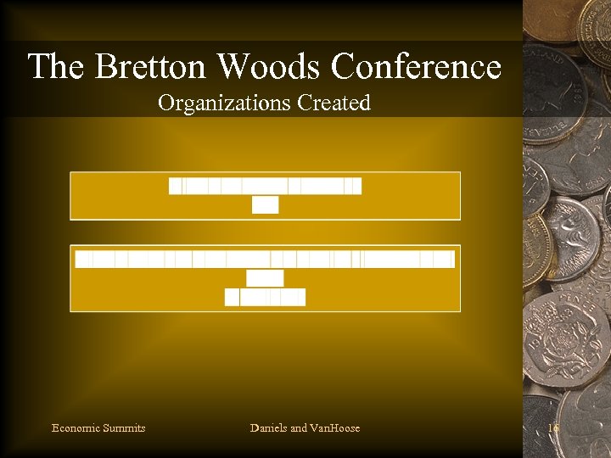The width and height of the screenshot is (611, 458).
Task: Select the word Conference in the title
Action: pos(416,66)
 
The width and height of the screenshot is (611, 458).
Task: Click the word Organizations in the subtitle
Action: pos(224,103)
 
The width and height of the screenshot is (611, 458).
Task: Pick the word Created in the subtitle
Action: pos(334,103)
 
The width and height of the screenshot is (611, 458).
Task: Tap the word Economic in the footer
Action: pos(75,428)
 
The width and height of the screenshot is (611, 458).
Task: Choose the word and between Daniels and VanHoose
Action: pos(299,428)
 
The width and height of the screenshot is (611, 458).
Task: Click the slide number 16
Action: pos(553,428)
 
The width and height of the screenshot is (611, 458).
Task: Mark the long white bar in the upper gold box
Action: pos(265,186)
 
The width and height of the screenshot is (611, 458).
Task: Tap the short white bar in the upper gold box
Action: pos(265,205)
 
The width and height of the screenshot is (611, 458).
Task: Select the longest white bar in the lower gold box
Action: pos(265,260)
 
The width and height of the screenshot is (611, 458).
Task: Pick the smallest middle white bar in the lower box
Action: pos(265,278)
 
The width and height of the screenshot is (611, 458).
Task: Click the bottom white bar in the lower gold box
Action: pos(265,297)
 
